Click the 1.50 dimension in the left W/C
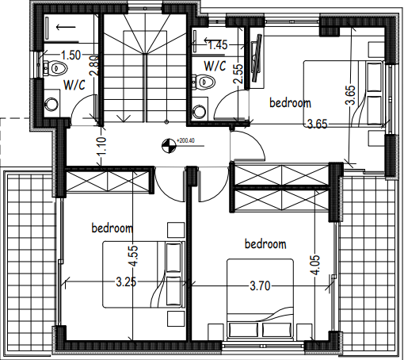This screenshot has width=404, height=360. pos(71,56)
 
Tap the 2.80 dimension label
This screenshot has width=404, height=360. pos(94,66)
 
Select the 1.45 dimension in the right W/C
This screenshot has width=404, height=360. pos(218,45)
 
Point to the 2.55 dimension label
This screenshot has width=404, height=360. pos(238,74)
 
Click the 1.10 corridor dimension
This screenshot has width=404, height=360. pos(101,146)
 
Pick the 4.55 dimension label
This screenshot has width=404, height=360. pos(133,256)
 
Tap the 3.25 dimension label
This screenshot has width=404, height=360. pos(126,282)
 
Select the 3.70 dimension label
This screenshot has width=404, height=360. pos(260,286)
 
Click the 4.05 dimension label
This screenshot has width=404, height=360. pos(316,265)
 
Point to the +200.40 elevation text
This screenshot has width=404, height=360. pos(185,140)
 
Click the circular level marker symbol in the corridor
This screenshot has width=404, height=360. pos(169,146)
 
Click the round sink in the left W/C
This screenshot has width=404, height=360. pos(51,104)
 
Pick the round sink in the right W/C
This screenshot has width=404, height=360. pos(200,111)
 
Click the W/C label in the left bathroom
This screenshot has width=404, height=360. pos(74,85)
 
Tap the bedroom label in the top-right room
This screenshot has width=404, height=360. pos(290,102)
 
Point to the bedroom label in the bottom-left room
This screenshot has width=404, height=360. pos(112,228)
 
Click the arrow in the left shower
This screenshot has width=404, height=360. pos(66,27)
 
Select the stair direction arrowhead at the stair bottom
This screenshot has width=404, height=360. pos(124,118)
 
